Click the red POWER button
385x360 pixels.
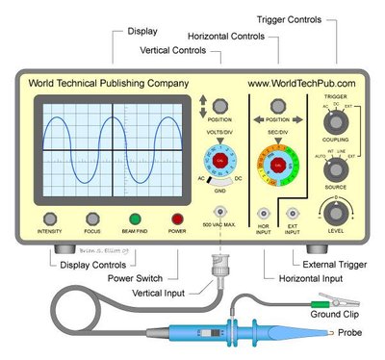[177, 219]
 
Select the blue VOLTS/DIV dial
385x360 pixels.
[221, 159]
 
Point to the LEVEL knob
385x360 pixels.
[335, 214]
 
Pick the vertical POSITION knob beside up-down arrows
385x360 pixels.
[221, 103]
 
